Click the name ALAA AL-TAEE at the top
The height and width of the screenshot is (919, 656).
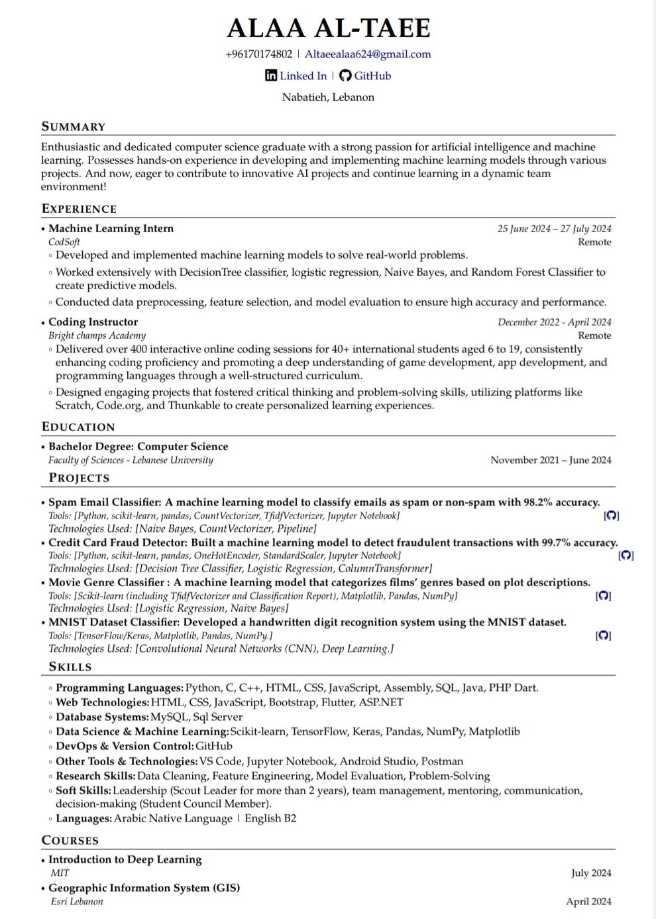[329, 29]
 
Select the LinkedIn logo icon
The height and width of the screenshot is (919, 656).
[271, 76]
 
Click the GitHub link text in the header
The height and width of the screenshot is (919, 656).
[372, 76]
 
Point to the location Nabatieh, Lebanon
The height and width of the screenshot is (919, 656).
[328, 97]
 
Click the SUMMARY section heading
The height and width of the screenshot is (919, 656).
[74, 127]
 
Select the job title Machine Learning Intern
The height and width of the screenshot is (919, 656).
[111, 228]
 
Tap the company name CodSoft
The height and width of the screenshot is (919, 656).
[64, 242]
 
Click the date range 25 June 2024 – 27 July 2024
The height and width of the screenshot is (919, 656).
[554, 229]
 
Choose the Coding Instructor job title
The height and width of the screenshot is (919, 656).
[93, 322]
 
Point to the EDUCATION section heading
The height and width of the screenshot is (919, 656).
[78, 427]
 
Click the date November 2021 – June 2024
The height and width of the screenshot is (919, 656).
[551, 460]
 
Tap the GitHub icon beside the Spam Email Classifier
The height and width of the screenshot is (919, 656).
[612, 516]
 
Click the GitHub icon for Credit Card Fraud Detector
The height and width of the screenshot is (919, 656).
[626, 556]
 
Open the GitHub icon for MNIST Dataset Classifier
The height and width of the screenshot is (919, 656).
[604, 636]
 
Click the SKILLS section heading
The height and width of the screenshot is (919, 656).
[70, 667]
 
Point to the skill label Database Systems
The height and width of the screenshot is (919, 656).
[101, 717]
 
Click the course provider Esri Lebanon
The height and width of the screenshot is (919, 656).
[77, 902]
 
